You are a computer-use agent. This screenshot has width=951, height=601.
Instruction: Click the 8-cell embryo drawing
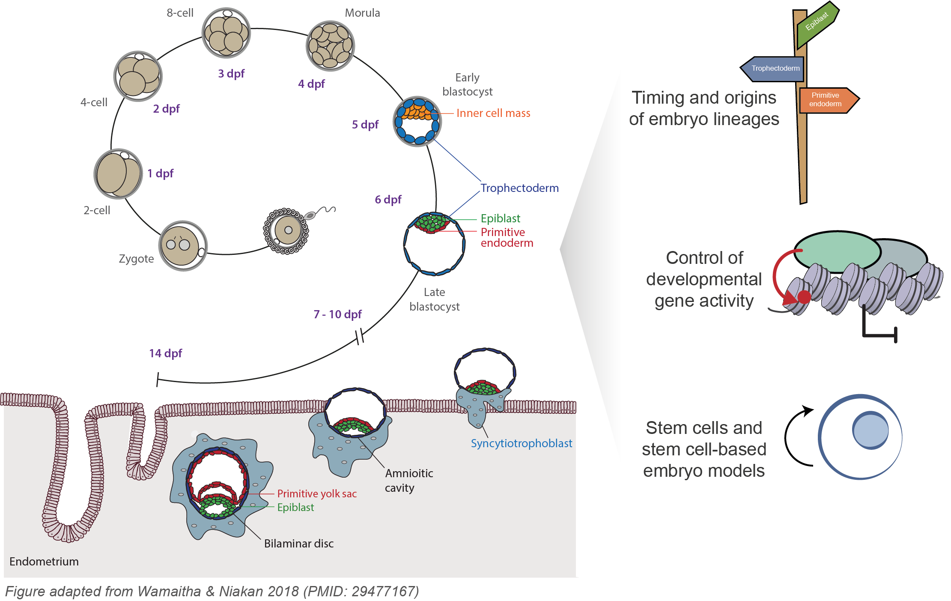pos(226,33)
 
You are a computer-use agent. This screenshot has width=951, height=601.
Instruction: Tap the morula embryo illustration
pos(330,46)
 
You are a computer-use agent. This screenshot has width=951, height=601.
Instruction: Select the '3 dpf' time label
pos(231,74)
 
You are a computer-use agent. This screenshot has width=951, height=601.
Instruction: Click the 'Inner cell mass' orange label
pos(493,113)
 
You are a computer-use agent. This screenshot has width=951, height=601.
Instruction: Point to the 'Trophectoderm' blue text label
pos(519,188)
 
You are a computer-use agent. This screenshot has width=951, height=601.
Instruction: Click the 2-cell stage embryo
pos(118,174)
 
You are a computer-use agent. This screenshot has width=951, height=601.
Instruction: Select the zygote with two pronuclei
pos(183,246)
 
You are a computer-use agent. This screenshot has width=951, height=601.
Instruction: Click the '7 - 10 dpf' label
pos(337,314)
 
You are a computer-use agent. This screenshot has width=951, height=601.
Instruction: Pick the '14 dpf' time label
pos(165,353)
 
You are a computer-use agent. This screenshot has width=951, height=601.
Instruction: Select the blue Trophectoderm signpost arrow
pos(773,69)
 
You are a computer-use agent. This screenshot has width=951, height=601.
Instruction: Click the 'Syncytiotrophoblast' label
pos(521,443)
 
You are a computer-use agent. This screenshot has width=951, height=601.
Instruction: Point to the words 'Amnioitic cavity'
pos(408,480)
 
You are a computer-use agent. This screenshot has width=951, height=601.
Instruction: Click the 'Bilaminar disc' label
pos(298,544)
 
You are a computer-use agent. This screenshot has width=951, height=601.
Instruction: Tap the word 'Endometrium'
pos(44,562)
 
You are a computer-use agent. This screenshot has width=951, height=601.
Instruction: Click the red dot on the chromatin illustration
pos(804,297)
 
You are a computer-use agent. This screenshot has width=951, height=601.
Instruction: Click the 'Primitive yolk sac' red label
pos(316,494)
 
